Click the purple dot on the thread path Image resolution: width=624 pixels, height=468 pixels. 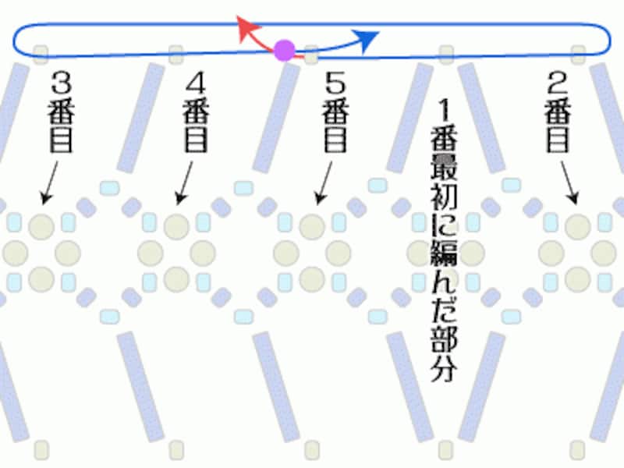coord(285,51)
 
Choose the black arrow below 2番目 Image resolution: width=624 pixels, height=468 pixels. coord(569,184)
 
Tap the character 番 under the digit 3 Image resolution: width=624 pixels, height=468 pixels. coord(62,110)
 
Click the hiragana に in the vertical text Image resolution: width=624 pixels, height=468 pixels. coord(445,225)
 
